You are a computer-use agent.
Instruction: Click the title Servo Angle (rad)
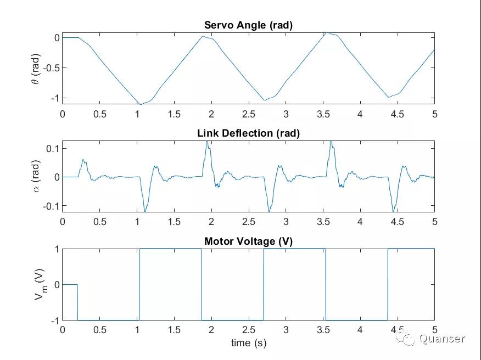[248, 25]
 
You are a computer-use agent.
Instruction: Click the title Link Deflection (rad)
[248, 133]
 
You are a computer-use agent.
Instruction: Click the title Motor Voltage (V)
[248, 241]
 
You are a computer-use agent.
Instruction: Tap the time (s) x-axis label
[248, 343]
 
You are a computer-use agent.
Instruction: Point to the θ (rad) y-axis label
[35, 68]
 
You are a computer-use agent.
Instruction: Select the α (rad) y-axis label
[35, 177]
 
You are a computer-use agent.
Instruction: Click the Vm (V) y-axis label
[39, 284]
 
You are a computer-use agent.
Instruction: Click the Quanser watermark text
[442, 339]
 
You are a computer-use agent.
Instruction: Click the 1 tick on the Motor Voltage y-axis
[57, 249]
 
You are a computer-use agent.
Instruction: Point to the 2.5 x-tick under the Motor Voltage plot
[248, 330]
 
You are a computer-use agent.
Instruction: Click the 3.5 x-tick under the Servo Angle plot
[323, 114]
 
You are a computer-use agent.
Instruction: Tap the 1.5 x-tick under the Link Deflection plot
[174, 222]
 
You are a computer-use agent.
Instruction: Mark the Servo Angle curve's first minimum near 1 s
[141, 104]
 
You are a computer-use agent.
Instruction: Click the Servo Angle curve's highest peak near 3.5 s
[326, 33]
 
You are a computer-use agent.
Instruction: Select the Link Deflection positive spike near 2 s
[207, 142]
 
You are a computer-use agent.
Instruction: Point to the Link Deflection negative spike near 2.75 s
[269, 211]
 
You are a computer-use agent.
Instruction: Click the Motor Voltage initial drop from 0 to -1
[77, 302]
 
